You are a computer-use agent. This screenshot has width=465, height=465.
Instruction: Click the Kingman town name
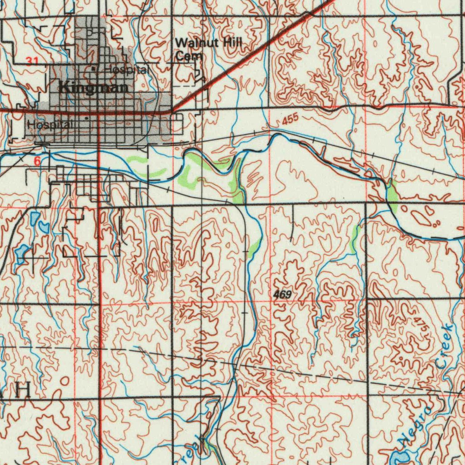(93, 88)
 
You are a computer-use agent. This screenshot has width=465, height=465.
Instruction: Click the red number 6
(37, 161)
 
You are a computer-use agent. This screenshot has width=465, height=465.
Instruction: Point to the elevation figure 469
(282, 295)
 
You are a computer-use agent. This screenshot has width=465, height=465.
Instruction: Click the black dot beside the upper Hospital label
(94, 69)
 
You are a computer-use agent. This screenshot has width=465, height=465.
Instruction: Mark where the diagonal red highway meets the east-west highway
(172, 110)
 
